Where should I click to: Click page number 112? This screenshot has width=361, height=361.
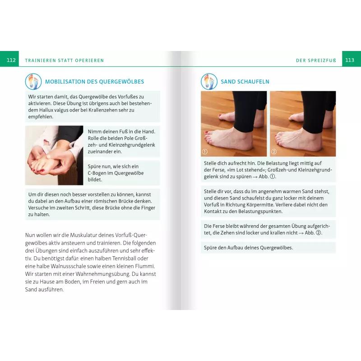(11, 60)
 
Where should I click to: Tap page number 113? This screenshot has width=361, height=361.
(349, 60)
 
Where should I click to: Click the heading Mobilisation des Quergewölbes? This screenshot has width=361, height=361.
(94, 82)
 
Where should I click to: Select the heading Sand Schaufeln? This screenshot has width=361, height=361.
(245, 82)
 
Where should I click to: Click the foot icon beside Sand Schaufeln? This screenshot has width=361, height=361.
(209, 82)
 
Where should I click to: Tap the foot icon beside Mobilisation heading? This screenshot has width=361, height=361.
(33, 82)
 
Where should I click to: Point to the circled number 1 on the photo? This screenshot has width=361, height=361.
(205, 152)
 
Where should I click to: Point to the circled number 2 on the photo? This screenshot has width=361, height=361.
(274, 152)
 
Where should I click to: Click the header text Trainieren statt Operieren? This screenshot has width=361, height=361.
(65, 60)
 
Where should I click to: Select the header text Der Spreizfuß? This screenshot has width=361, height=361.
(316, 60)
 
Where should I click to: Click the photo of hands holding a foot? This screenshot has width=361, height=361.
(54, 155)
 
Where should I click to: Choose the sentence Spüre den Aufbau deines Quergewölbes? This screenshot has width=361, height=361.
(249, 248)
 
